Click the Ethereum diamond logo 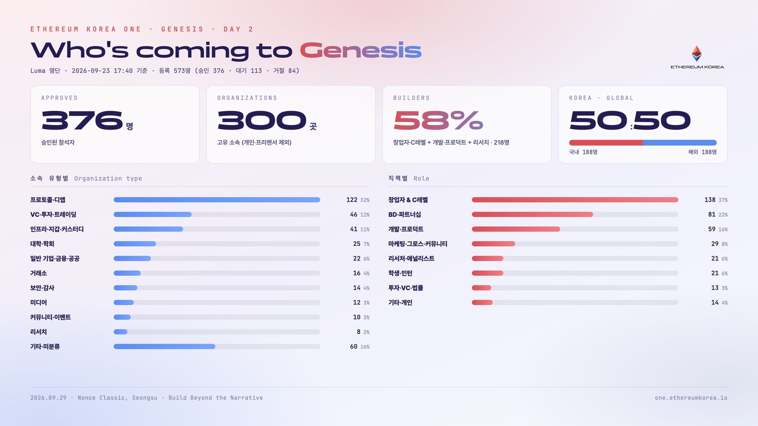pyautogui.click(x=696, y=53)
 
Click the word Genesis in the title pyautogui.click(x=361, y=51)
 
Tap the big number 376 pyautogui.click(x=82, y=120)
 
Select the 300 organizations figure pyautogui.click(x=262, y=120)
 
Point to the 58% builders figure pyautogui.click(x=438, y=120)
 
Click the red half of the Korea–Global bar pyautogui.click(x=606, y=142)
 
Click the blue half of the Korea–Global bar pyautogui.click(x=680, y=142)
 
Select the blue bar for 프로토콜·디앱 pyautogui.click(x=217, y=200)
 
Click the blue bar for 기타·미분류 pyautogui.click(x=164, y=346)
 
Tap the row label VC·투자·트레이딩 pyautogui.click(x=53, y=215)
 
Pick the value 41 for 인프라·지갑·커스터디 pyautogui.click(x=353, y=229)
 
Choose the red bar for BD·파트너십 pyautogui.click(x=532, y=214)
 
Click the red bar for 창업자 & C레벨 pyautogui.click(x=575, y=200)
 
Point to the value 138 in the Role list pyautogui.click(x=710, y=200)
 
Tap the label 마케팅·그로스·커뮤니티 pyautogui.click(x=417, y=244)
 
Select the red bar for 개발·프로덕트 pyautogui.click(x=516, y=229)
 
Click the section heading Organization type pyautogui.click(x=108, y=178)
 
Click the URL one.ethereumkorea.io pyautogui.click(x=691, y=398)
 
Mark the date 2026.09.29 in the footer pyautogui.click(x=48, y=398)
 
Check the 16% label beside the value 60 pyautogui.click(x=365, y=347)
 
